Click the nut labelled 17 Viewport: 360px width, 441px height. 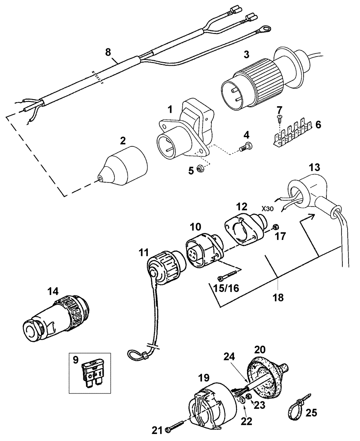click(x=274, y=226)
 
